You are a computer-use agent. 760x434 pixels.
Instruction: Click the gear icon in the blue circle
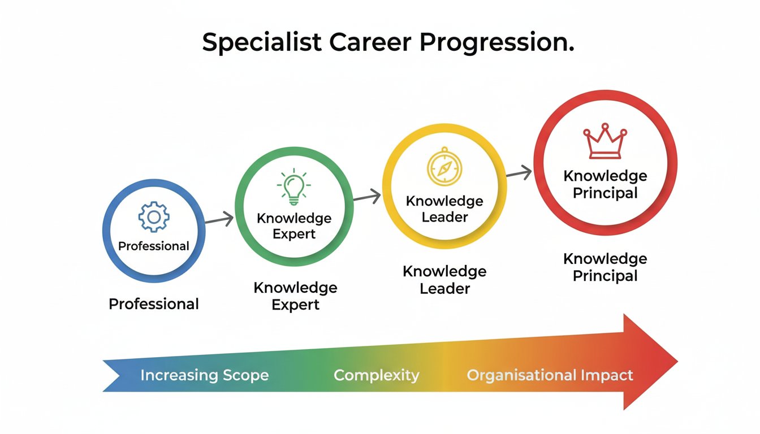click(153, 217)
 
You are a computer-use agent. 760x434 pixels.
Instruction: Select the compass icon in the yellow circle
click(444, 167)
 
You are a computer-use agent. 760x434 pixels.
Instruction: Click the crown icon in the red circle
click(604, 141)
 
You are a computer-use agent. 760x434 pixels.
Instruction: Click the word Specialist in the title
click(261, 44)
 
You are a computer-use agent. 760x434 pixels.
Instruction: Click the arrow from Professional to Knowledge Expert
click(219, 220)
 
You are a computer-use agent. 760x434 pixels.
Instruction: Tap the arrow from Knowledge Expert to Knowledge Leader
click(367, 197)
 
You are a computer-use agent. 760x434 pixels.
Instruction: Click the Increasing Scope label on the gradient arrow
click(204, 375)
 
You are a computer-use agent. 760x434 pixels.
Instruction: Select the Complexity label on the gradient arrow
click(377, 375)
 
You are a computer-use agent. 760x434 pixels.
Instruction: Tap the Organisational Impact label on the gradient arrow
click(550, 375)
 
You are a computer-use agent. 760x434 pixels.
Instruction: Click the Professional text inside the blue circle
click(153, 246)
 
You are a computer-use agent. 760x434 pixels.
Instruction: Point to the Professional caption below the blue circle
click(153, 304)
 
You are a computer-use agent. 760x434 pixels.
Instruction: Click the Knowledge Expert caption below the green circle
click(295, 296)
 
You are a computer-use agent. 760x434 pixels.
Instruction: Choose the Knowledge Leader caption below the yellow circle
click(444, 280)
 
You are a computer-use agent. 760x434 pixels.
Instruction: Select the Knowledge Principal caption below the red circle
click(605, 267)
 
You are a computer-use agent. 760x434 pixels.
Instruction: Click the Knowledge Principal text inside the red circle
click(605, 184)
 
